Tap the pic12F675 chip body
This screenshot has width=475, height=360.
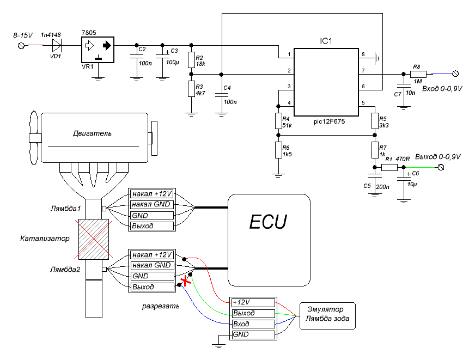coord(326,82)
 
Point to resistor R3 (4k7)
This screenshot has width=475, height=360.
coord(191,88)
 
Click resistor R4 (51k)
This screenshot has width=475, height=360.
coord(278,120)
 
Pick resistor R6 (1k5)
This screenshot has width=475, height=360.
coord(278,150)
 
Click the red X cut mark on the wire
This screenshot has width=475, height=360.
coord(186,281)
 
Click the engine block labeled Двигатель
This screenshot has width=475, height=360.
coord(94,138)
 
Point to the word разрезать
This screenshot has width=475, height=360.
coord(161,306)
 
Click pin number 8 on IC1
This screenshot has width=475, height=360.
coord(363,54)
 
